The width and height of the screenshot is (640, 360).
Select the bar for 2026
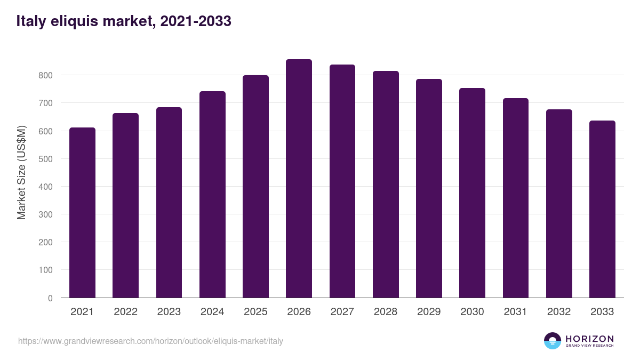pos(299,179)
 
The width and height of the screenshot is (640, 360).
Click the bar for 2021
pos(82,213)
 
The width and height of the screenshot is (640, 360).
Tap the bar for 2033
pos(602,209)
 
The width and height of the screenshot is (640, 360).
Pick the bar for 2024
pos(212,195)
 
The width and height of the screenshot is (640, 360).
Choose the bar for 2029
pos(429,188)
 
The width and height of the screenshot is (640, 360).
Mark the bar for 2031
pos(515,198)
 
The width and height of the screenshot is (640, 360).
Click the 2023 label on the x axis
pos(169,312)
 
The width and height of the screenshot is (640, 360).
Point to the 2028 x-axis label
pos(385,312)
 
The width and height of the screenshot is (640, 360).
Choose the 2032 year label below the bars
pos(558,312)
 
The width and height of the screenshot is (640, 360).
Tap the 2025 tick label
pos(255,312)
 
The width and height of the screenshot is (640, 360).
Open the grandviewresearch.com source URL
pos(150,341)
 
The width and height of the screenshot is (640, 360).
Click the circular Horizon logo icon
pos(552,341)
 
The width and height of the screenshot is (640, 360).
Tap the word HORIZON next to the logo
pos(589,339)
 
